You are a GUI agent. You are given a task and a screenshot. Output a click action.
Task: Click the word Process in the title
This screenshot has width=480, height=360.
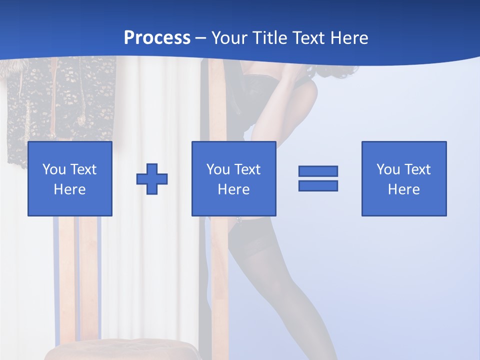click(x=157, y=37)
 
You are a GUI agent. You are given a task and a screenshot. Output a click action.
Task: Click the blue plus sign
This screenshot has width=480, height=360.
click(x=152, y=179)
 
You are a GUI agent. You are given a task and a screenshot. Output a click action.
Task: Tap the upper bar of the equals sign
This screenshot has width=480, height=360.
click(x=318, y=171)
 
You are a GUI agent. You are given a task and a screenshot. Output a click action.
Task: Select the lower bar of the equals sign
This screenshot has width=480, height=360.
click(x=318, y=185)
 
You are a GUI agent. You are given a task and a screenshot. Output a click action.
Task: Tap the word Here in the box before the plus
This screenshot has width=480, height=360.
click(x=69, y=189)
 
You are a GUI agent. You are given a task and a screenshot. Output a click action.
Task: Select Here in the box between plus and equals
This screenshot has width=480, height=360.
click(x=233, y=189)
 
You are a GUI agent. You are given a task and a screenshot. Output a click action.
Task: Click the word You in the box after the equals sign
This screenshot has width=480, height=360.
click(x=388, y=169)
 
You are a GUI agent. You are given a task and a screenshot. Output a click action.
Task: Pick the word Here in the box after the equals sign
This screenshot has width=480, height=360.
click(x=403, y=189)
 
